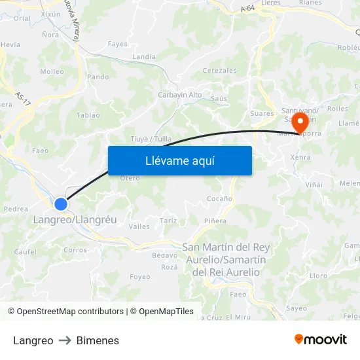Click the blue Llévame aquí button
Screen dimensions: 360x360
[x=179, y=160]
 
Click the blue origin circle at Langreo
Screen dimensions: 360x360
[x=61, y=204]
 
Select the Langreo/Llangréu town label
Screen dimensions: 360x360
[x=75, y=220]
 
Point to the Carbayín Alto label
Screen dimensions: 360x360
[x=180, y=95]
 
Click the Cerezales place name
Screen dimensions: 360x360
[x=220, y=70]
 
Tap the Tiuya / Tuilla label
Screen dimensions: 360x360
[x=151, y=139]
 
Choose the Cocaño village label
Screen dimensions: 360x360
[x=219, y=198]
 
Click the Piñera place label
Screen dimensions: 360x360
[x=215, y=221]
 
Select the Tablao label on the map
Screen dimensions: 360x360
[x=88, y=115]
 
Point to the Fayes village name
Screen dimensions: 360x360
[x=118, y=45]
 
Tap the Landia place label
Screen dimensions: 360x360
[x=144, y=57]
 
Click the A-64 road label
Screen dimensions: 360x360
[x=247, y=9]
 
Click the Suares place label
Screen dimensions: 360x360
[x=262, y=113]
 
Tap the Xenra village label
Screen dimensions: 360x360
[x=300, y=158]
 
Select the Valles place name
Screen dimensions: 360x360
[x=139, y=226]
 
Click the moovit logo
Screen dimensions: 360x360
[x=320, y=339]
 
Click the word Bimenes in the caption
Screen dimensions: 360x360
[x=98, y=340]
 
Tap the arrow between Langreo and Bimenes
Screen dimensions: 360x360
[x=65, y=340]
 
